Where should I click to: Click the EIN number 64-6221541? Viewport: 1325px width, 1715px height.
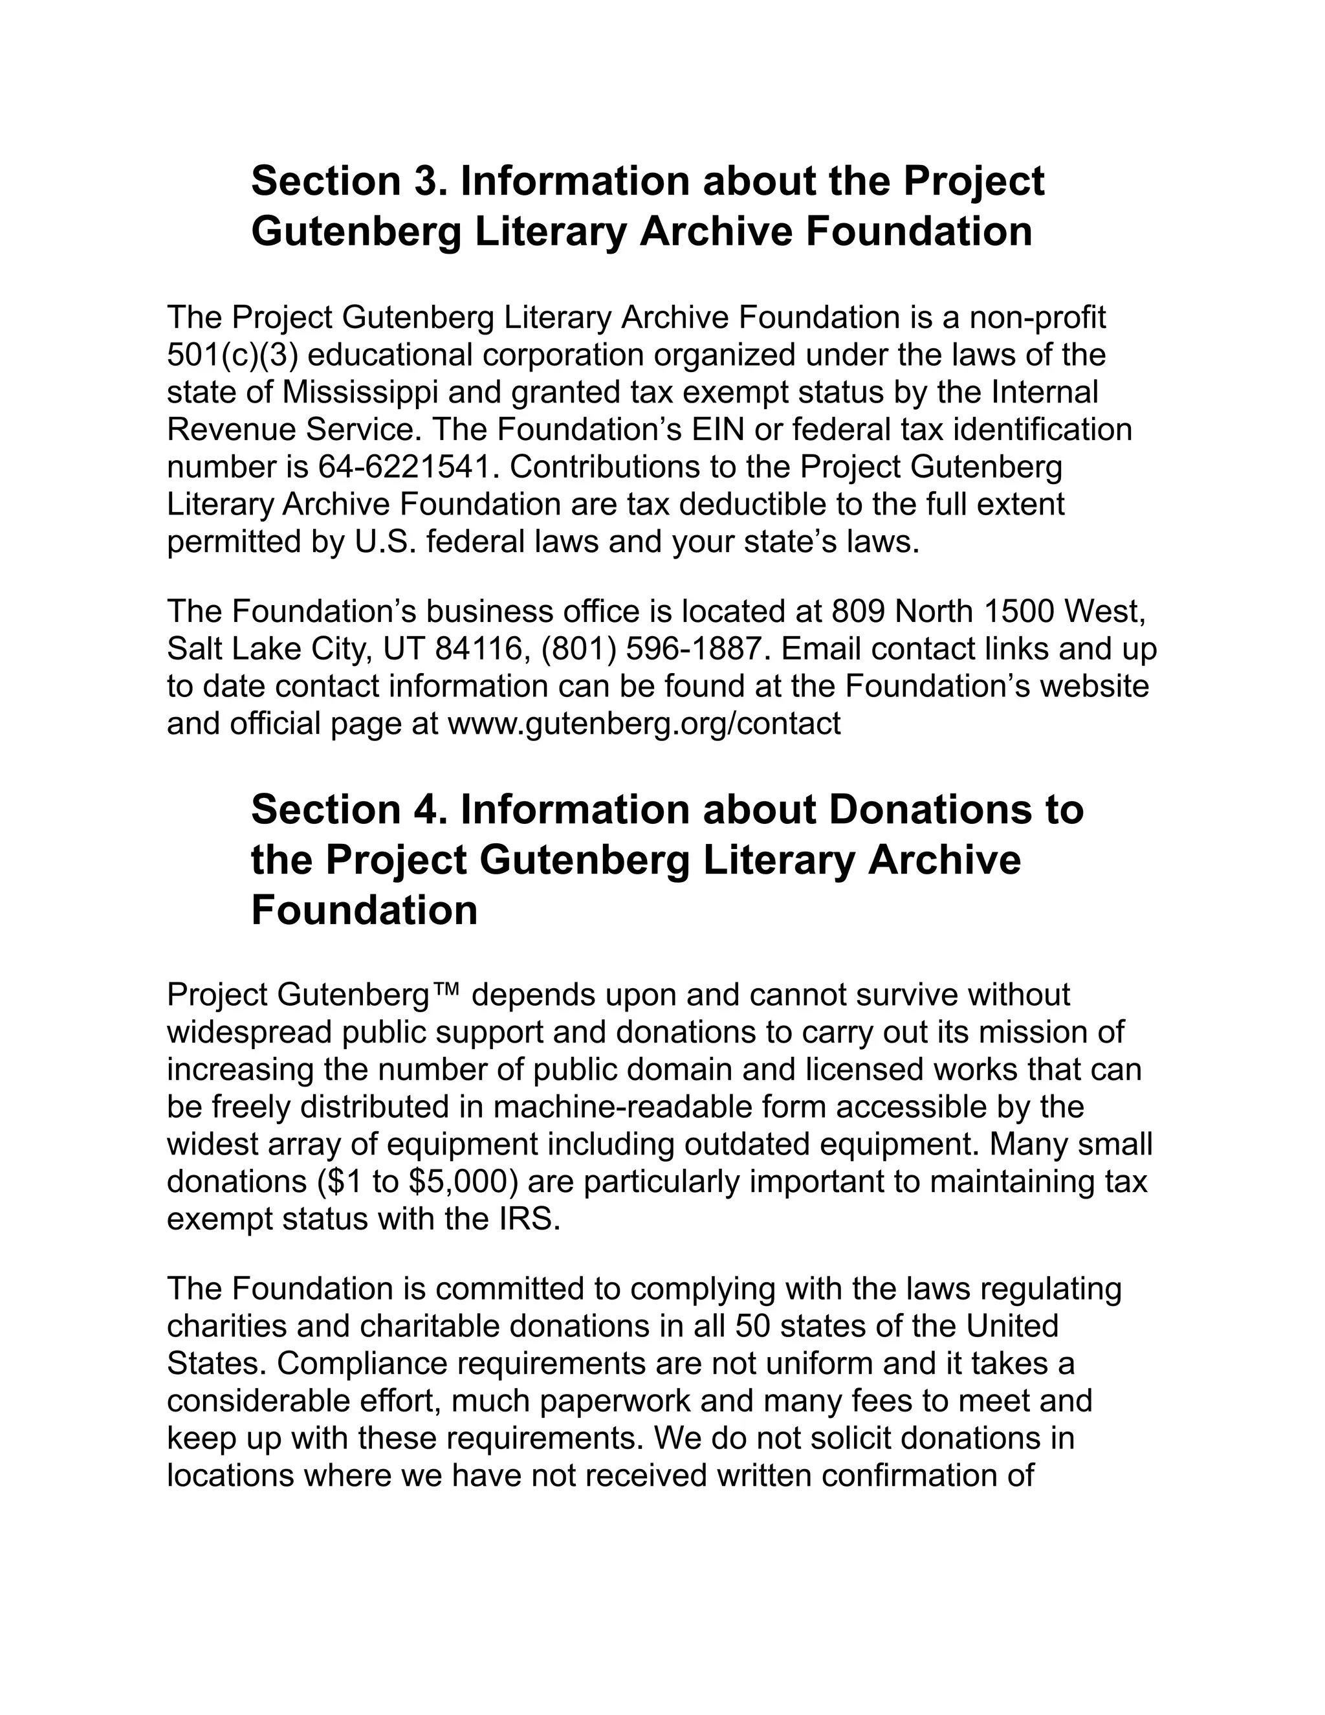408,468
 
